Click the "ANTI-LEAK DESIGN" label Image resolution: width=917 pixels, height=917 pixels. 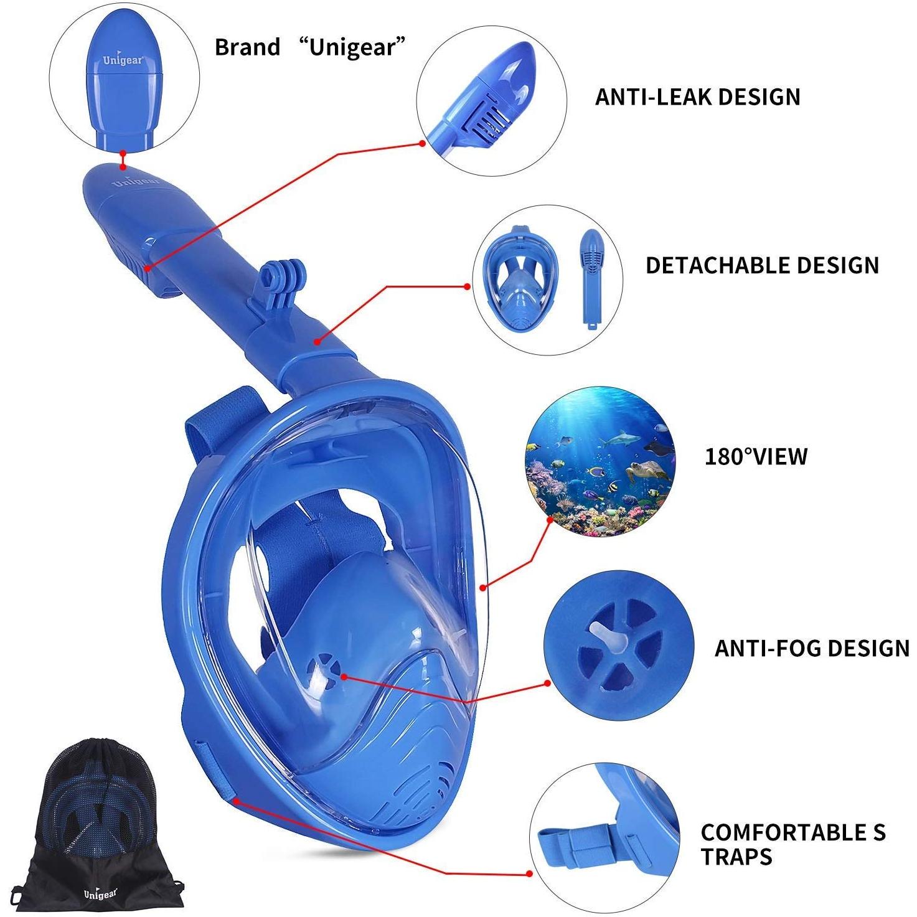pyautogui.click(x=698, y=97)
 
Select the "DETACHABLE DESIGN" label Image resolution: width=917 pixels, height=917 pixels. pyautogui.click(x=762, y=265)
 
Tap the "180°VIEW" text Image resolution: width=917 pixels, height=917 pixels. pyautogui.click(x=756, y=456)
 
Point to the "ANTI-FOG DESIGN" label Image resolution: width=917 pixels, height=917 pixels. pyautogui.click(x=812, y=647)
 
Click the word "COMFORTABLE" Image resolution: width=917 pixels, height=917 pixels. pyautogui.click(x=779, y=819)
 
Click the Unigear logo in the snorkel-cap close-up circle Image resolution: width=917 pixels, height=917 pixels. pyautogui.click(x=122, y=60)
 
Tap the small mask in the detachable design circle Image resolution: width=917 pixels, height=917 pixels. pyautogui.click(x=519, y=278)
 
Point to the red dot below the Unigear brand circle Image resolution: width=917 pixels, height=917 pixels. pyautogui.click(x=123, y=153)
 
